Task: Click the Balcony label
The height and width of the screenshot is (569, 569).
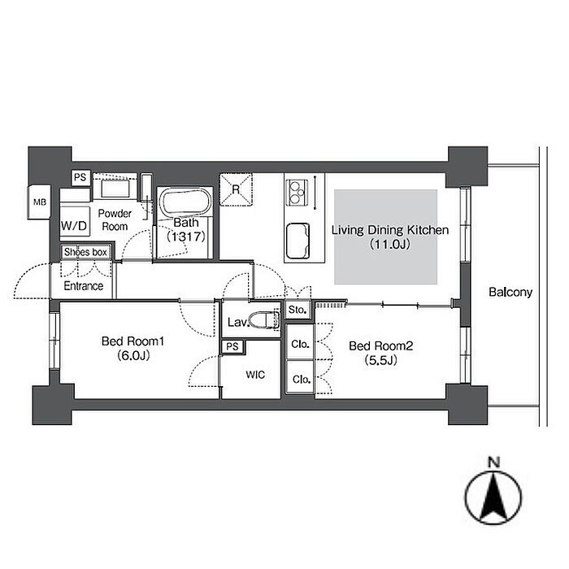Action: [x=510, y=292]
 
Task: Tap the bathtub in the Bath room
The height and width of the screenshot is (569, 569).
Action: [x=185, y=203]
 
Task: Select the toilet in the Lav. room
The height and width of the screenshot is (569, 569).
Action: [x=264, y=319]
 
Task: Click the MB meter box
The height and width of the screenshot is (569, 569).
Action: [x=39, y=202]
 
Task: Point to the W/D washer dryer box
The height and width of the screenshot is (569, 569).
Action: [x=75, y=226]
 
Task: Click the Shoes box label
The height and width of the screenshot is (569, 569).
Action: [x=85, y=252]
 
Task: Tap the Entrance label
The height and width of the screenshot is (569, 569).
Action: [x=84, y=286]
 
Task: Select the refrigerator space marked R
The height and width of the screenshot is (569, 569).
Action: [x=236, y=189]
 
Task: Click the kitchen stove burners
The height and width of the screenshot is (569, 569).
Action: [x=297, y=193]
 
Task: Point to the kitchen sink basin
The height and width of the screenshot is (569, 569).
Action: [x=298, y=241]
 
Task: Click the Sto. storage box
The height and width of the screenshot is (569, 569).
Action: [x=298, y=310]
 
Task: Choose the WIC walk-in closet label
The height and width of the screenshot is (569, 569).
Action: [x=255, y=375]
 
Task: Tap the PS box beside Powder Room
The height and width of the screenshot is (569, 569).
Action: [x=80, y=177]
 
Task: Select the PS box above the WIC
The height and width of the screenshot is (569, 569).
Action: [x=232, y=346]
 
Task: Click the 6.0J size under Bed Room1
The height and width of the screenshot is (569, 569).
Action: [x=133, y=356]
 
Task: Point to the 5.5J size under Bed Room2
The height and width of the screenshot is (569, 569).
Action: [x=380, y=360]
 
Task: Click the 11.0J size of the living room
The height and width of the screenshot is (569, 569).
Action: [x=390, y=244]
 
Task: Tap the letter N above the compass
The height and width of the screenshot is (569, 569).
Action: [x=493, y=463]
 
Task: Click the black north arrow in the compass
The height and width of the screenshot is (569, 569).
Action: [x=493, y=497]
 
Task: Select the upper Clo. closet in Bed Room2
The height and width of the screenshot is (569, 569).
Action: [x=300, y=343]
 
